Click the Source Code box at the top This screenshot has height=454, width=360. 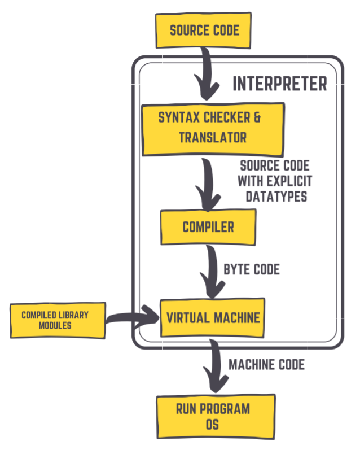coord(204,30)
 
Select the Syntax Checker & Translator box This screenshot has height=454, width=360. coord(212,129)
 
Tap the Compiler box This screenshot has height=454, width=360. coord(208,227)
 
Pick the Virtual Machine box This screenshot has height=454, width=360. coord(213,317)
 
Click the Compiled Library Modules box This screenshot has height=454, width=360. coord(57,320)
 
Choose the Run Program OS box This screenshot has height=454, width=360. coord(215,417)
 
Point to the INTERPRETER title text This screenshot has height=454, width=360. coord(280,84)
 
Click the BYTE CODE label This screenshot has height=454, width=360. coord(252,269)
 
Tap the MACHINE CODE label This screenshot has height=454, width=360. coord(266,365)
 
